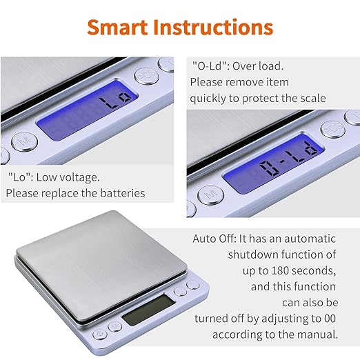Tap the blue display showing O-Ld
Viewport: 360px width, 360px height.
tap(277, 163)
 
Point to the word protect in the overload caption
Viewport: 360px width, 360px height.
tap(269, 98)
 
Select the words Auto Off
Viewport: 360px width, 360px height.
tap(214, 239)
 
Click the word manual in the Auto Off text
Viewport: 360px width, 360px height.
tap(318, 334)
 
